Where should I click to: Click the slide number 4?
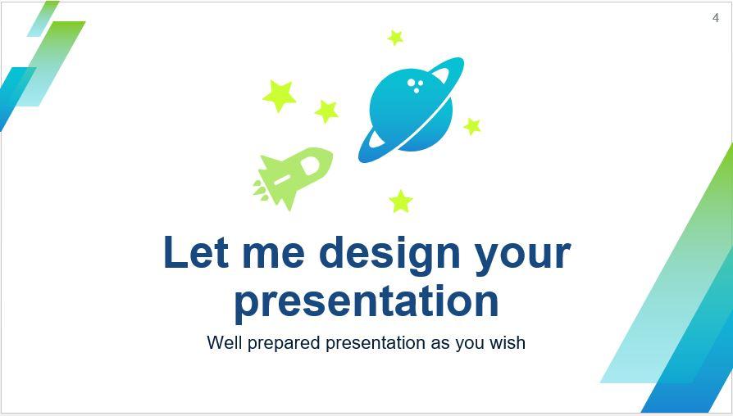click(x=715, y=18)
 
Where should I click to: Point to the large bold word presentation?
click(x=366, y=301)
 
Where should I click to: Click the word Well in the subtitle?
click(x=224, y=342)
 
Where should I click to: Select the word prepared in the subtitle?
click(x=284, y=343)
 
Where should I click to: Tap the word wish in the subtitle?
click(x=508, y=342)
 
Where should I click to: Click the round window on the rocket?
click(x=311, y=166)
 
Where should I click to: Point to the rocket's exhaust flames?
click(x=261, y=189)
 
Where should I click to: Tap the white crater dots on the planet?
click(x=416, y=85)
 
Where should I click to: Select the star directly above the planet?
click(x=395, y=38)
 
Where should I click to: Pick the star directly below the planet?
click(x=401, y=201)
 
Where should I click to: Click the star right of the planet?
click(x=472, y=126)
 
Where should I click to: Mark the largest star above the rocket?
click(x=280, y=96)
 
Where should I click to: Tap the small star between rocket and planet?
click(x=326, y=111)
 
